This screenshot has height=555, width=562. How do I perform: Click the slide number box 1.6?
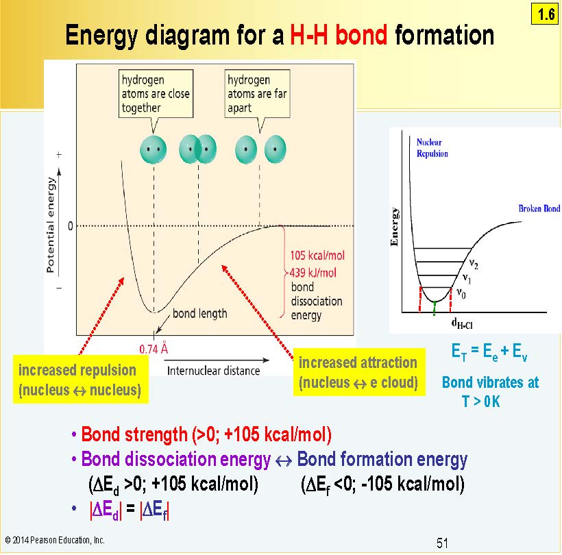(x=544, y=14)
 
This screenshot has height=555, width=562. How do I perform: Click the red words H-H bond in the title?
(x=339, y=35)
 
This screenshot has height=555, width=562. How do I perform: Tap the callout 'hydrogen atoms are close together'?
(x=156, y=94)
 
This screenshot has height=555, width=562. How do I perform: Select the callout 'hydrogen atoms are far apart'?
(x=257, y=94)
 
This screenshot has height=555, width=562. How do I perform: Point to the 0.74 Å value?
(x=154, y=349)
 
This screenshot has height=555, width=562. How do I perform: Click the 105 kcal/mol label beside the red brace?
(x=317, y=256)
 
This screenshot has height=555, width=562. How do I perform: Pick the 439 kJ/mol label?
(x=313, y=273)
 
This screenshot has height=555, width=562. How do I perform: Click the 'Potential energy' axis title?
(x=51, y=225)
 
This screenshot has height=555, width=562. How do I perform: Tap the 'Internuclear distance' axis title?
(x=214, y=371)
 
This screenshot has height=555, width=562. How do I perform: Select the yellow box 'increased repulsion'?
(x=81, y=380)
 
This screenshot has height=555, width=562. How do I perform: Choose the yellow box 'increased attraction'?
(x=359, y=372)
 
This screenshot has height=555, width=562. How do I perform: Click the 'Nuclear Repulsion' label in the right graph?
(x=432, y=148)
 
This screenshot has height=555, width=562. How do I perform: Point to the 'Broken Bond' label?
(x=539, y=208)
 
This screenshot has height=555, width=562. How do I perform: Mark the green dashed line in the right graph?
(x=435, y=308)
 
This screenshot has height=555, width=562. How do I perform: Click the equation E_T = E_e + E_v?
(x=489, y=352)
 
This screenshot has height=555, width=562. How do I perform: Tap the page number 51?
(x=442, y=543)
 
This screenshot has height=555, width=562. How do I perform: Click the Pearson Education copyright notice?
(x=55, y=540)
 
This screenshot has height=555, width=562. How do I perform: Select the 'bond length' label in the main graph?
(x=200, y=314)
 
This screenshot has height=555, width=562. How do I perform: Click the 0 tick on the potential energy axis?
(x=70, y=226)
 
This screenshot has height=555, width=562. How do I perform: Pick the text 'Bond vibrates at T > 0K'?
(x=490, y=392)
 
